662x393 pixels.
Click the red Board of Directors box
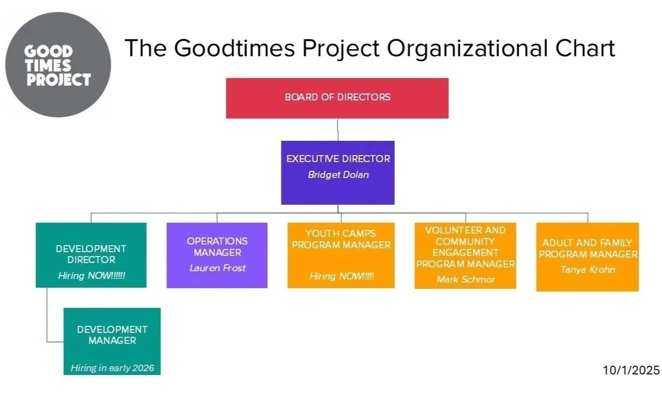337,98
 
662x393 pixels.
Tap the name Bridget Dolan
338,175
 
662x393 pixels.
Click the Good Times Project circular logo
58,65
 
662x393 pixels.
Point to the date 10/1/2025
631,370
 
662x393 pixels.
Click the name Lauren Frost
217,268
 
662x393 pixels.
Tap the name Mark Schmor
466,279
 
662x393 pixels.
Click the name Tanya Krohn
587,270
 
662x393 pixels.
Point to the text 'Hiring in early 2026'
112,368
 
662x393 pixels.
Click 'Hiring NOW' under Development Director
92,276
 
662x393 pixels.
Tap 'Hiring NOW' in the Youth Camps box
341,276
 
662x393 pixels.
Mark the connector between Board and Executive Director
338,130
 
